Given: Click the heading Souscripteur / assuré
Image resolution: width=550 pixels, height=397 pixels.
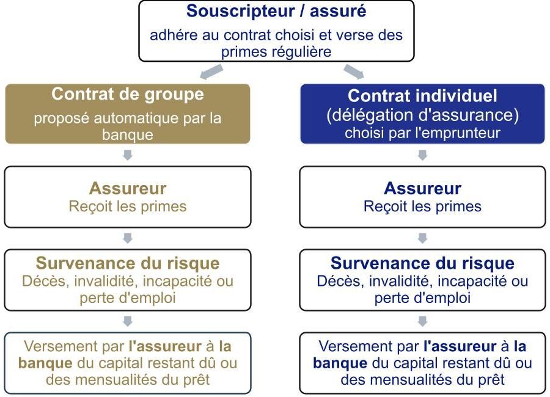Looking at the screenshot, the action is point(276,11).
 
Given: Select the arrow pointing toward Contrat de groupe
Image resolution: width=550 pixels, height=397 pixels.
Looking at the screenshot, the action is point(211,71).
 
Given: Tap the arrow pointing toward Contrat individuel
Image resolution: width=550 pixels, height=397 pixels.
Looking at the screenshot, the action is point(354,71).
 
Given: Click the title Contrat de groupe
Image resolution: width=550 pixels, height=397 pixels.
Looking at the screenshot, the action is point(128,94).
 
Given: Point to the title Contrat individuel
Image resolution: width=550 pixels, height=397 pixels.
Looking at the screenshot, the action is point(422,95).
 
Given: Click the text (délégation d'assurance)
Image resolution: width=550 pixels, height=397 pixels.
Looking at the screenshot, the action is point(422,115).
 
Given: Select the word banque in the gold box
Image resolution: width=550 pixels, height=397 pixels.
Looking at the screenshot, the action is point(128,135).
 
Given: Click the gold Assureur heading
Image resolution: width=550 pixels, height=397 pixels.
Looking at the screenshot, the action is point(128,188).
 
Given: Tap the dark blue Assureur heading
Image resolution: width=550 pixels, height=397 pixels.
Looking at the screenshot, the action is point(422,188).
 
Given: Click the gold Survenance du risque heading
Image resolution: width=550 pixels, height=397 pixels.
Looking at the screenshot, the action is point(128,263).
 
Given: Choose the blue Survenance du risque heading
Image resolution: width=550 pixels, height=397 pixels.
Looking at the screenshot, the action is point(422,263).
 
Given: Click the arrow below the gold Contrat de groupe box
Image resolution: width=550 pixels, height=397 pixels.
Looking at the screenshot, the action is point(128,155).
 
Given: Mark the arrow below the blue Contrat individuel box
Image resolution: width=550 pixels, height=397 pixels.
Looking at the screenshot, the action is point(422,155).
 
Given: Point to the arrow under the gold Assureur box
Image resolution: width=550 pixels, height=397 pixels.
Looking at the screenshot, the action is point(128,238).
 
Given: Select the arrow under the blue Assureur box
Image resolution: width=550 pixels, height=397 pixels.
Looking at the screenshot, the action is point(422,238).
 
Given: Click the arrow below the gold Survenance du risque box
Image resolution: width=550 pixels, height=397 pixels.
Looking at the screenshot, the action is point(128,321).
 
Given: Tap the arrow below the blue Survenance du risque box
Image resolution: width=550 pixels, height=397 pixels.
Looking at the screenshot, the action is point(422,321).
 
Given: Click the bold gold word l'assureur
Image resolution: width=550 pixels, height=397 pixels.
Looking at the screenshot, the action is point(165,346).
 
